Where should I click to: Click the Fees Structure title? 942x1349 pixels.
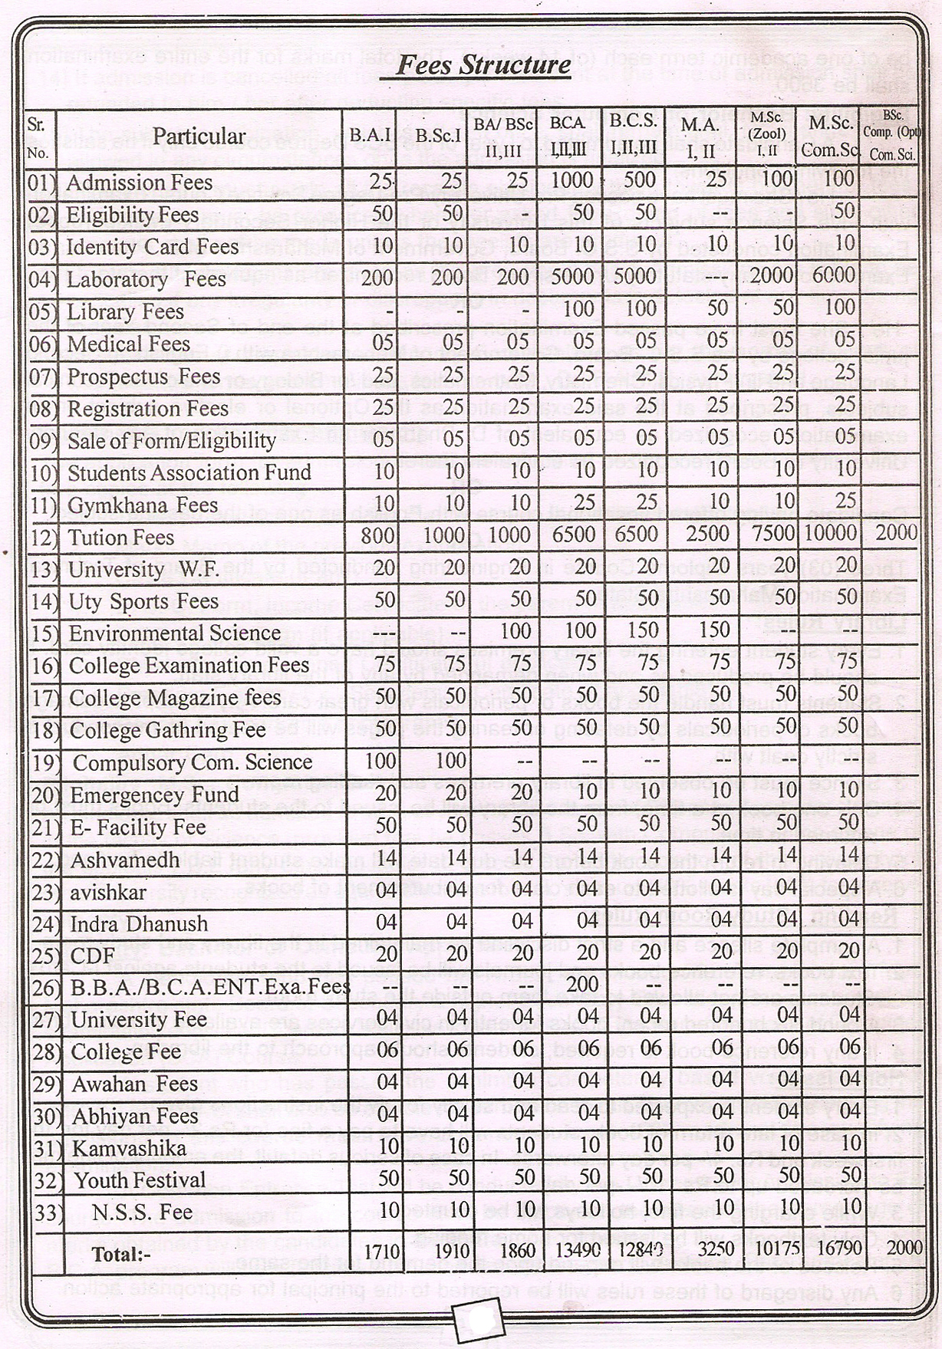click(x=483, y=64)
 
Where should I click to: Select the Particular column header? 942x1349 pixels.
click(x=199, y=137)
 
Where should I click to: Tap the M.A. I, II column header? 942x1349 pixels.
click(x=700, y=138)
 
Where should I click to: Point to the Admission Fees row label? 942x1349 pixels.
click(x=139, y=183)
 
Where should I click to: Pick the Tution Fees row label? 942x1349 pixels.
click(x=121, y=537)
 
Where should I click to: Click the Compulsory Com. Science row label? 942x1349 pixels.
click(x=193, y=762)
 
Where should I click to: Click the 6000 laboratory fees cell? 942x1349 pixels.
click(x=833, y=276)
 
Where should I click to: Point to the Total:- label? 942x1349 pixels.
click(x=121, y=1255)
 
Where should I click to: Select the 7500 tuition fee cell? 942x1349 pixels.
click(x=773, y=534)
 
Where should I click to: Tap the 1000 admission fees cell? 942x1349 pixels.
click(x=572, y=180)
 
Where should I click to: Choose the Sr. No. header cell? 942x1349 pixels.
click(x=38, y=138)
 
